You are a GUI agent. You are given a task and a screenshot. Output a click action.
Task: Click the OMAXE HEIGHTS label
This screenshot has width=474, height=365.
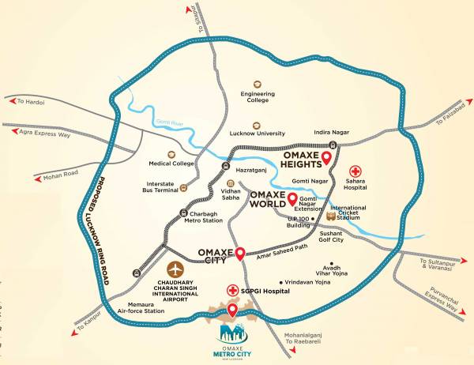click(297, 159)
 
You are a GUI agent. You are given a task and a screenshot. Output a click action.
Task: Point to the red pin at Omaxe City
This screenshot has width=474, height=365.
click(240, 253)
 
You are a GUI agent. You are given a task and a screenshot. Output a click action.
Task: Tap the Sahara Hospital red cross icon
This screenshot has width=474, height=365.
click(356, 171)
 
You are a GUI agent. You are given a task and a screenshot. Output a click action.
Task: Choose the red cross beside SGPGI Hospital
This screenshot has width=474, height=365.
click(232, 290)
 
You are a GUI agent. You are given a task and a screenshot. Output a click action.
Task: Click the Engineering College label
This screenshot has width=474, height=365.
click(258, 99)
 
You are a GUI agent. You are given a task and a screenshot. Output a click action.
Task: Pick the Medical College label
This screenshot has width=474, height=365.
click(171, 164)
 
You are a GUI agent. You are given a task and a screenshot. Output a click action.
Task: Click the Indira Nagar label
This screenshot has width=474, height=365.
click(331, 133)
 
